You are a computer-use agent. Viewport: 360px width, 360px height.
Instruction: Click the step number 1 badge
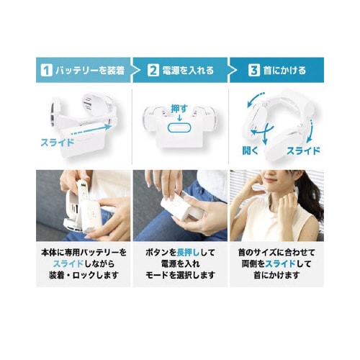pyautogui.click(x=46, y=71)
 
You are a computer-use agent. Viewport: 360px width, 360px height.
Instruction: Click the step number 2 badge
pyautogui.click(x=153, y=71)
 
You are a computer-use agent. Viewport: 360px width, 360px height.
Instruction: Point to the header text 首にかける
pyautogui.click(x=286, y=71)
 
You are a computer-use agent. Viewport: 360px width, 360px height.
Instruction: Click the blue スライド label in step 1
pyautogui.click(x=58, y=142)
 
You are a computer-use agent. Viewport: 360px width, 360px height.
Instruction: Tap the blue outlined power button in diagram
pyautogui.click(x=179, y=127)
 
